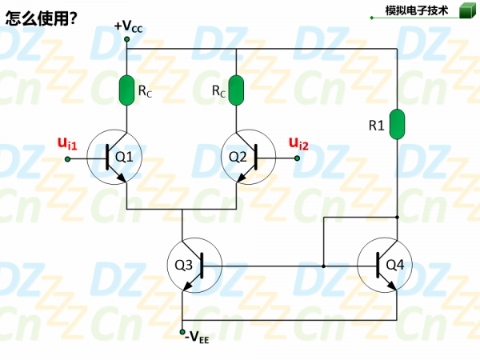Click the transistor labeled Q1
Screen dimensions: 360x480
point(120,158)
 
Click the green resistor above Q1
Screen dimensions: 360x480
point(126,90)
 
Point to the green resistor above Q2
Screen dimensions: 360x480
point(237,90)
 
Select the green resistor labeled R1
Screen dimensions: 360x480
point(398,124)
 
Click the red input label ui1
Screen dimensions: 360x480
point(67,143)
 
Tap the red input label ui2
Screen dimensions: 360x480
point(298,143)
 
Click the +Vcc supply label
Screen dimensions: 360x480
point(128,26)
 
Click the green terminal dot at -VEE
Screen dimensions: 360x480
point(182,330)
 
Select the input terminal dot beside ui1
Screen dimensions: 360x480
point(67,158)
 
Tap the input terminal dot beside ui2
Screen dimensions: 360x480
point(297,158)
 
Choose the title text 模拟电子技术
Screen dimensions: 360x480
point(417,10)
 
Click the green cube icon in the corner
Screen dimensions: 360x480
point(466,10)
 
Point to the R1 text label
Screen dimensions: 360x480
point(376,126)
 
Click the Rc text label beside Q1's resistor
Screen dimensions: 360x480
point(145,92)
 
